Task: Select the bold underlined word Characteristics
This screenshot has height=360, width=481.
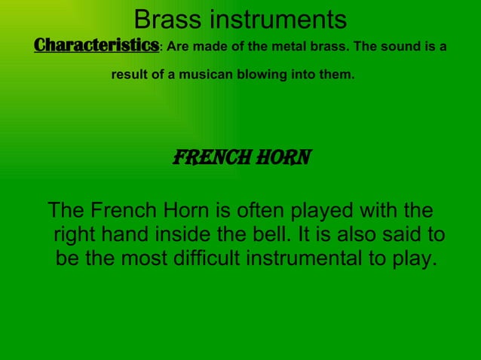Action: coord(96,46)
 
